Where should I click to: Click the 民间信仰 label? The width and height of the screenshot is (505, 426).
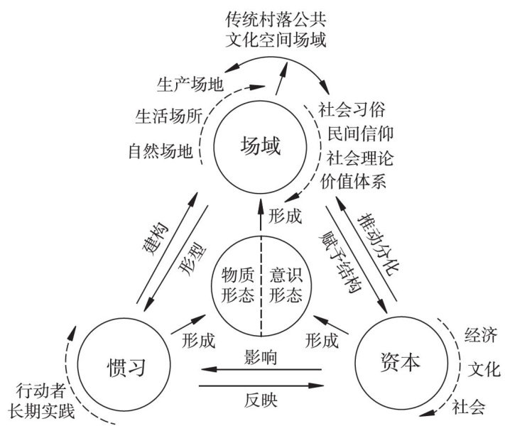pyautogui.click(x=361, y=134)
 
